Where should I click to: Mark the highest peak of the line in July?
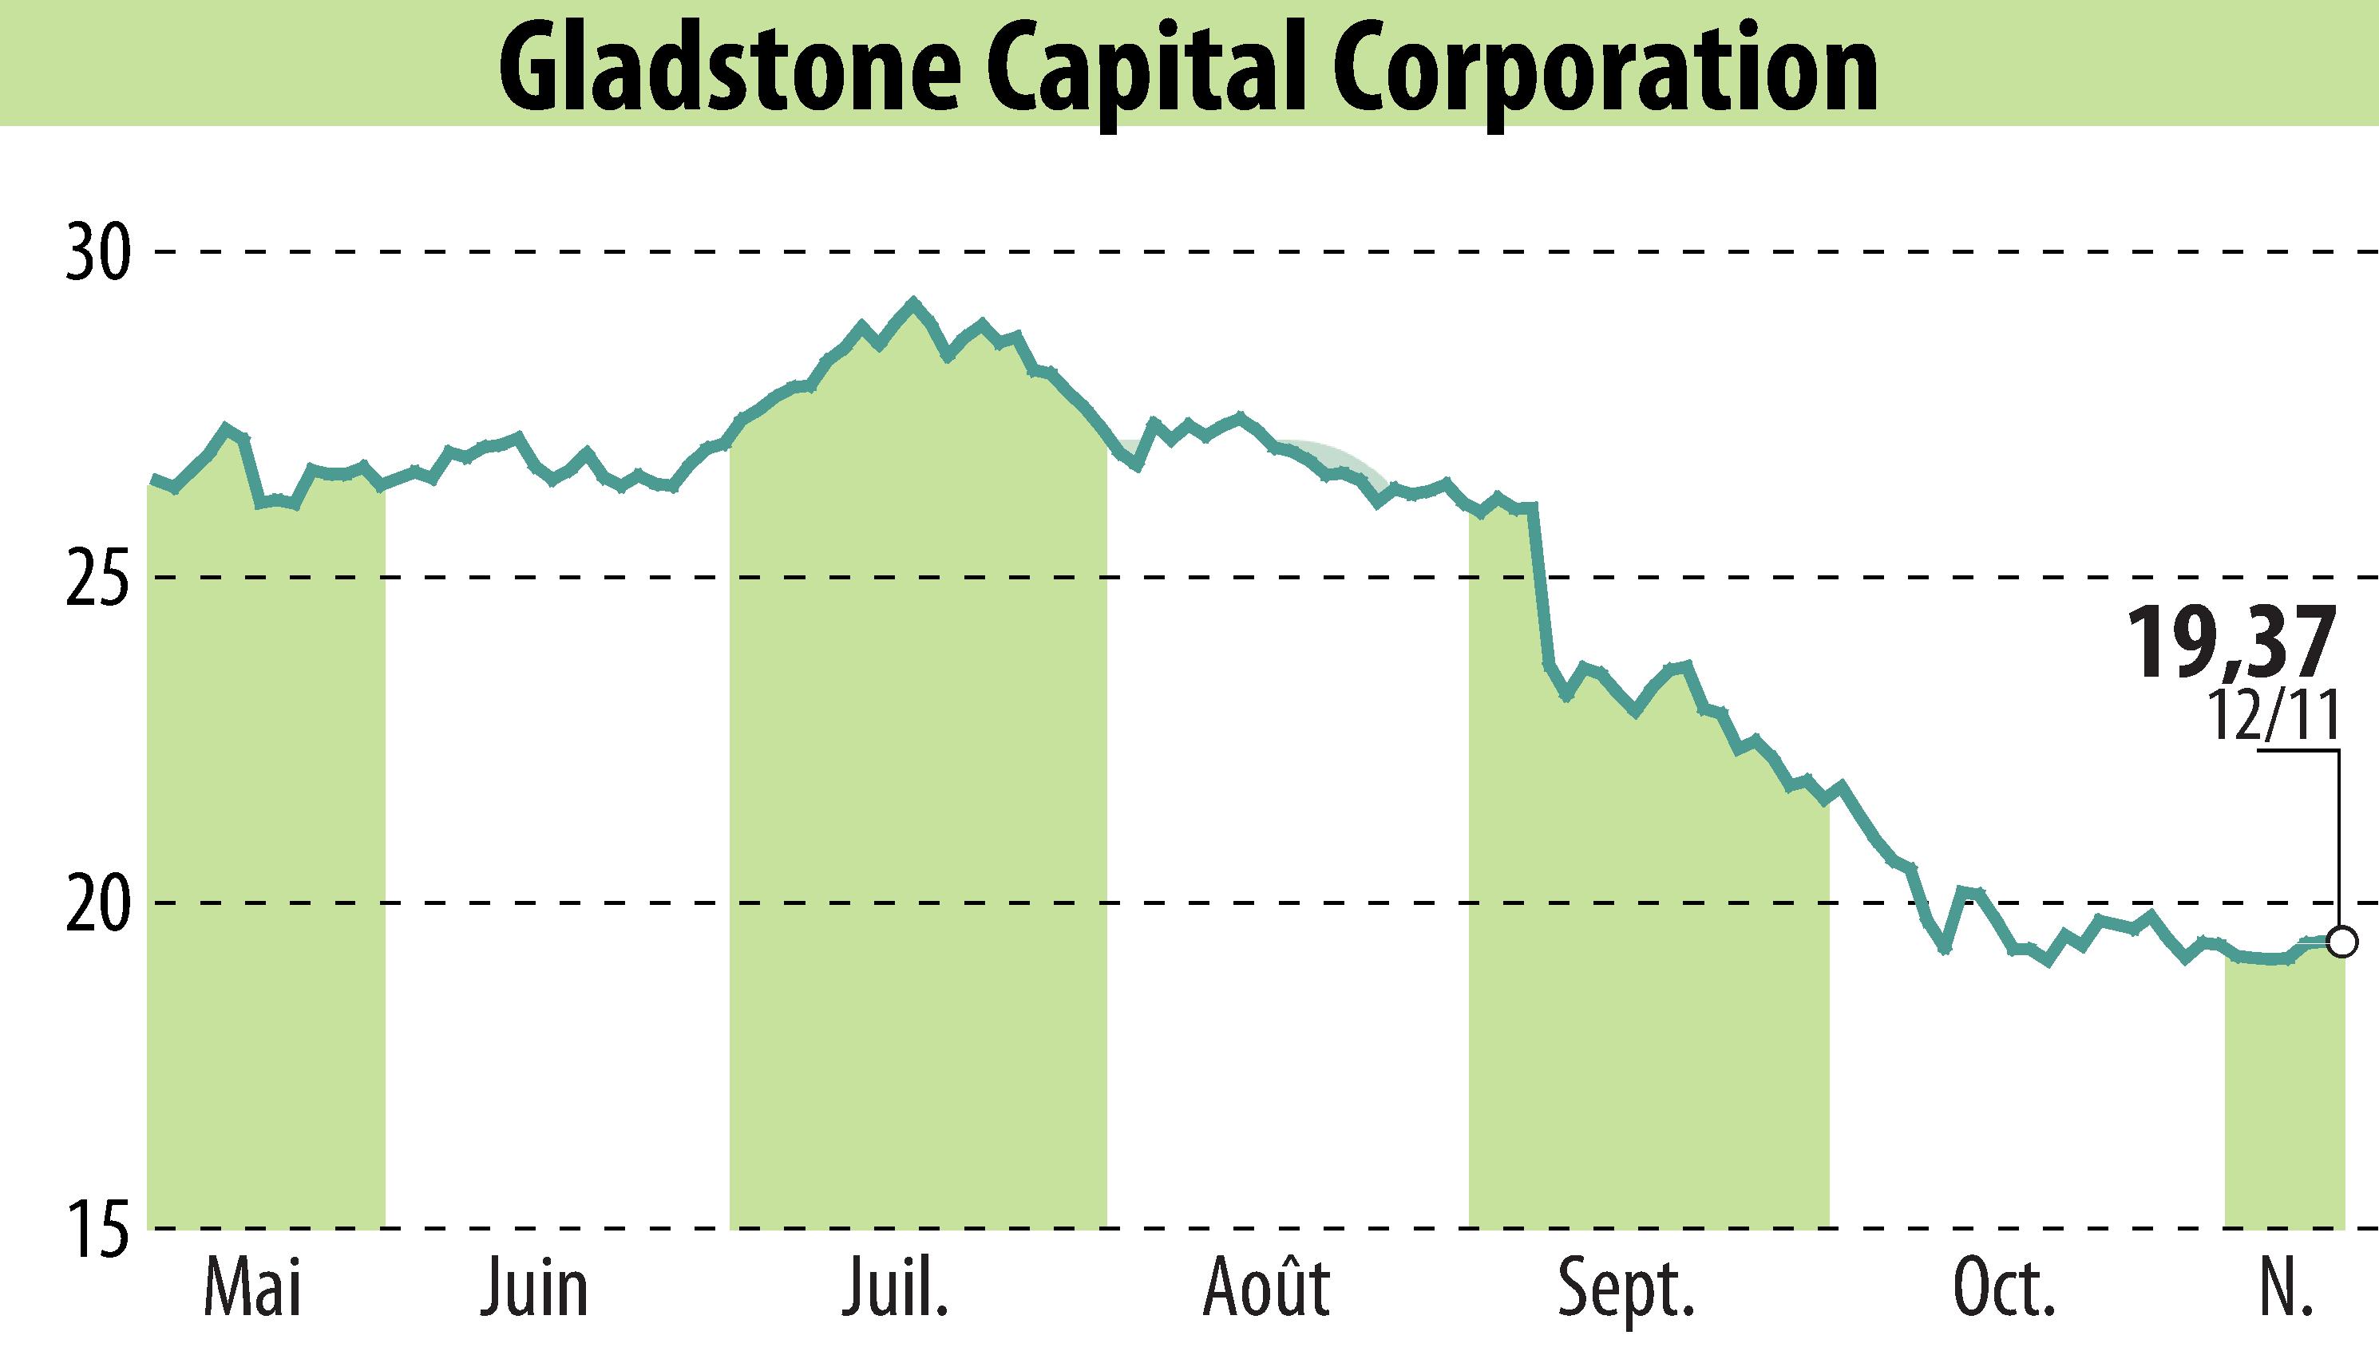pyautogui.click(x=913, y=302)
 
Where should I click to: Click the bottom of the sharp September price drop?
pyautogui.click(x=1566, y=697)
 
